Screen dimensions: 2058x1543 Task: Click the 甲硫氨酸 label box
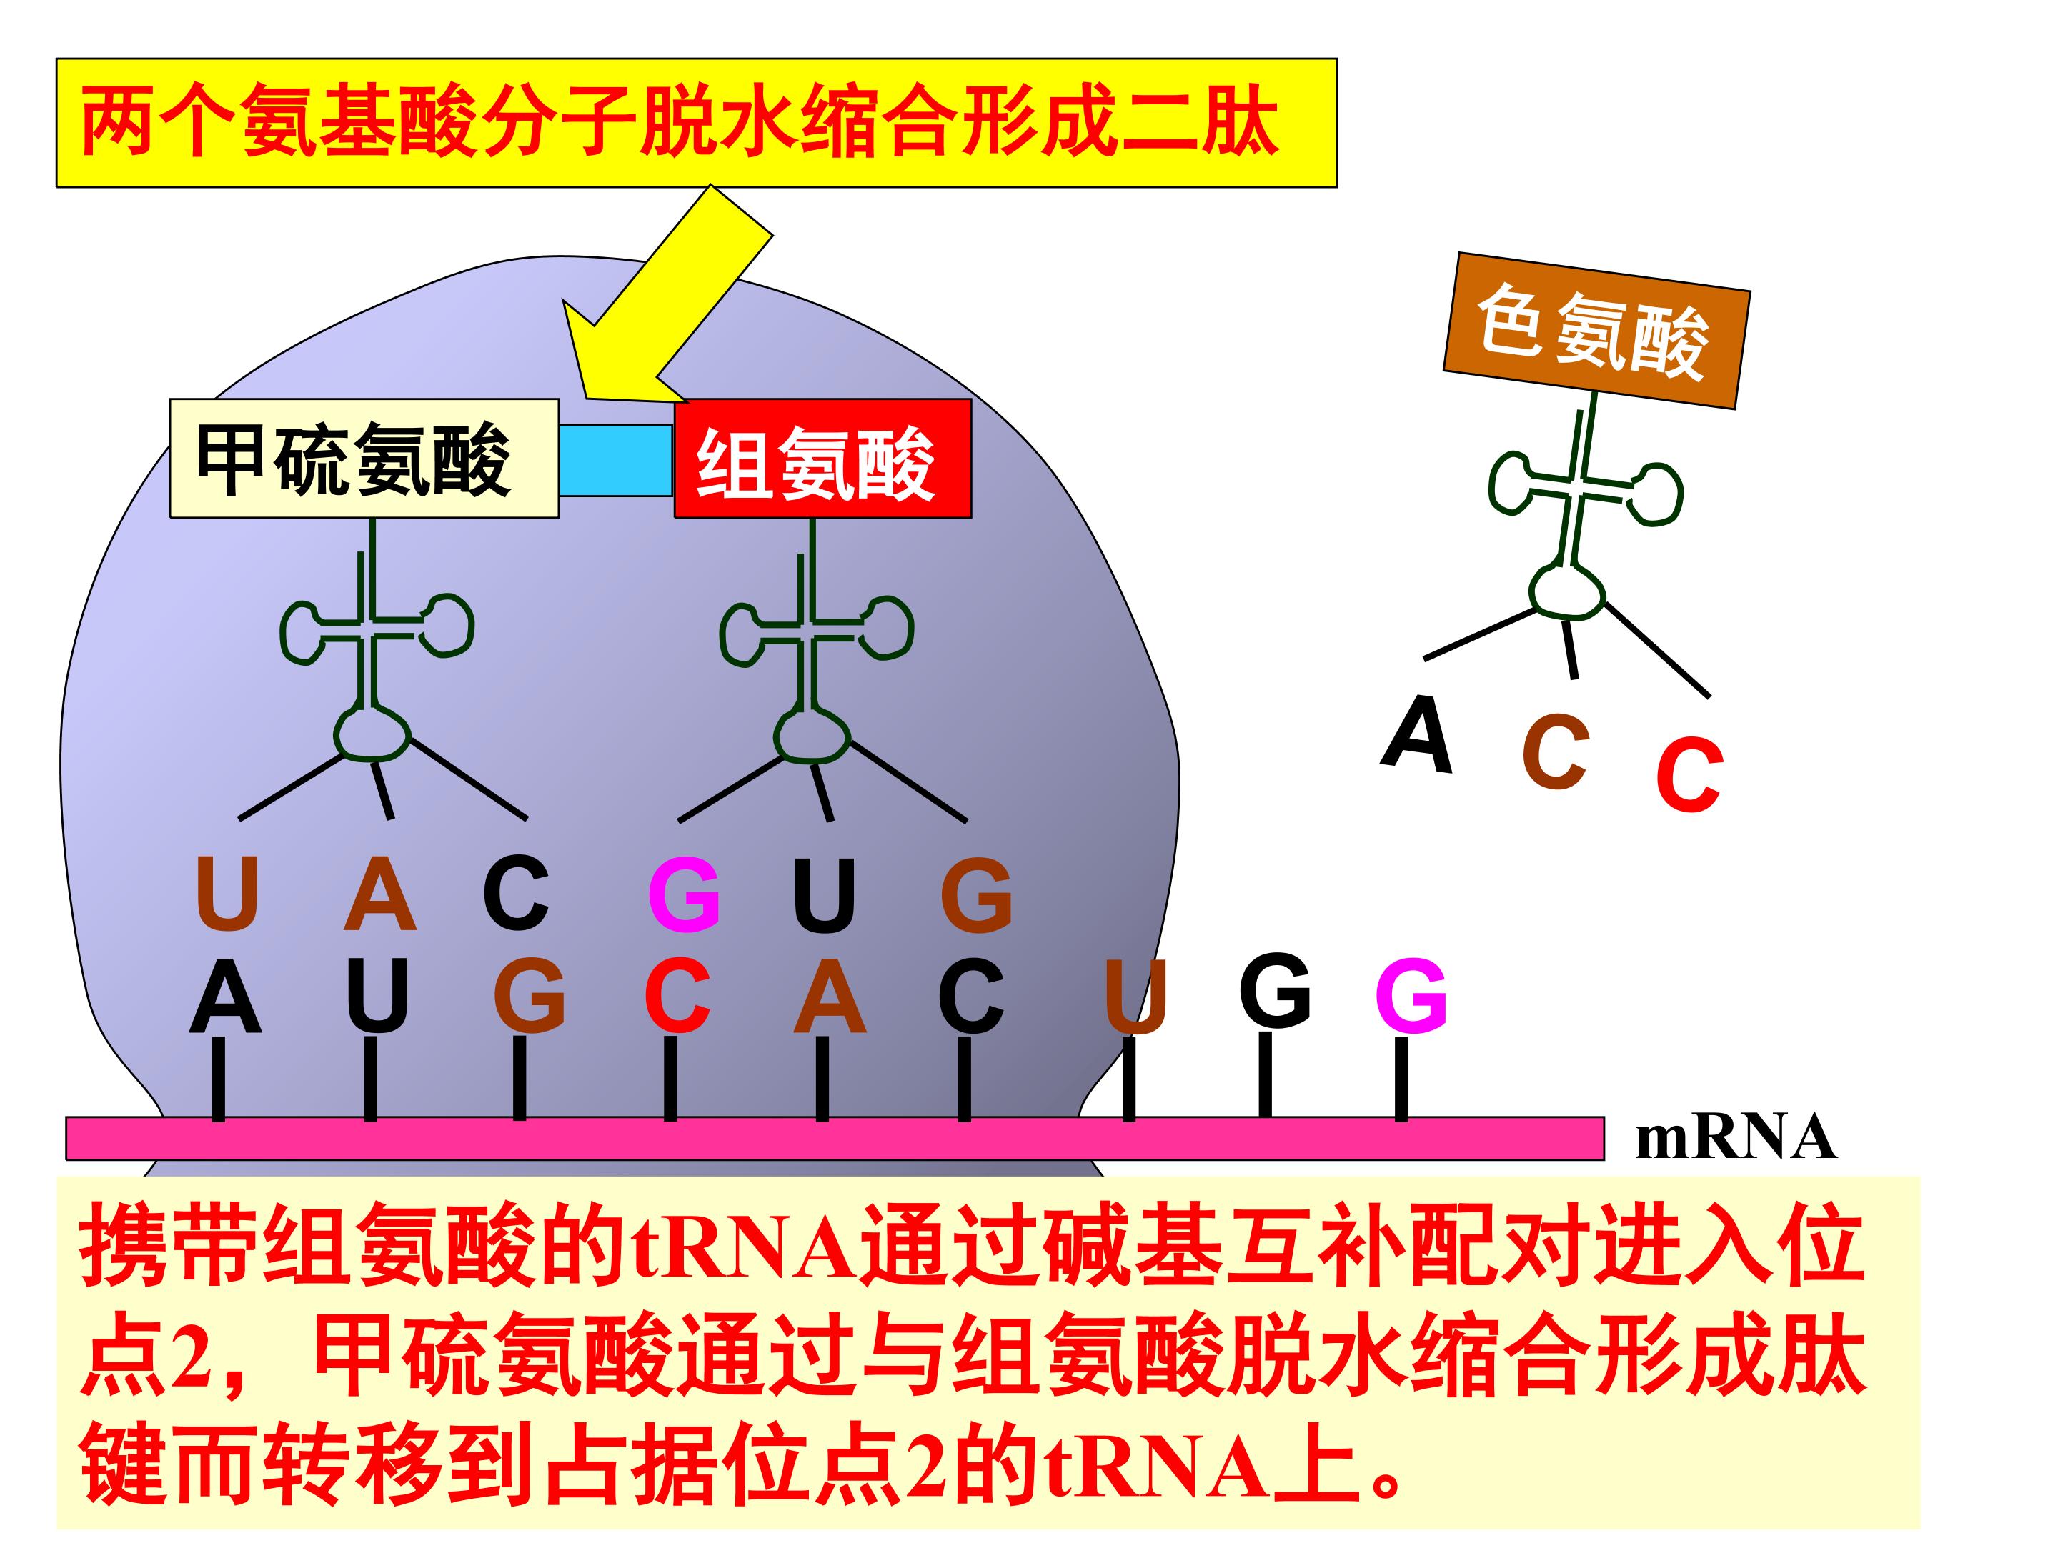click(x=364, y=459)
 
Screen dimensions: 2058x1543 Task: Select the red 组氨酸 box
click(x=822, y=459)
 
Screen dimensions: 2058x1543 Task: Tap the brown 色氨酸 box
click(x=1596, y=330)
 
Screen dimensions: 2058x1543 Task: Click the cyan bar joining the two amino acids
click(x=616, y=460)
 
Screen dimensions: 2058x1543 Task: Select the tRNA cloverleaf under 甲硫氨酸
click(x=376, y=641)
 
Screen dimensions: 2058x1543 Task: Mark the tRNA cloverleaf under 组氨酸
click(x=816, y=641)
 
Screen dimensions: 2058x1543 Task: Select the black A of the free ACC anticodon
click(x=1417, y=735)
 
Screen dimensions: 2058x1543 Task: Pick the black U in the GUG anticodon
click(x=825, y=895)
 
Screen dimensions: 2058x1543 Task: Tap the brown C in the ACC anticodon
click(x=1555, y=752)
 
